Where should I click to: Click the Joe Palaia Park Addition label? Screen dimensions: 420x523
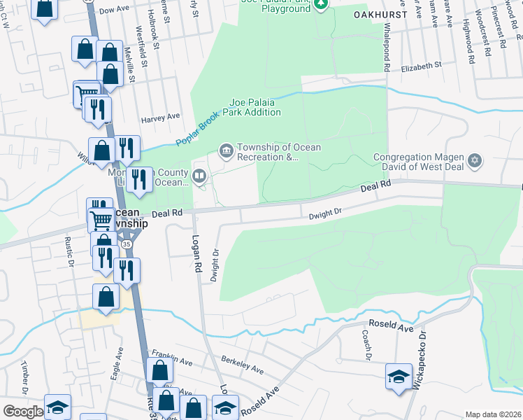(252, 106)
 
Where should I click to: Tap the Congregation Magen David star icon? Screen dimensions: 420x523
(475, 162)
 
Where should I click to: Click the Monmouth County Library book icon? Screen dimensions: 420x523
(200, 176)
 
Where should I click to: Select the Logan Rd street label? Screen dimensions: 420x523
(196, 258)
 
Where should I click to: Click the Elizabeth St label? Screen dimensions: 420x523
(422, 66)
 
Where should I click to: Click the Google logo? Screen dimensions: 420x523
(23, 412)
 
